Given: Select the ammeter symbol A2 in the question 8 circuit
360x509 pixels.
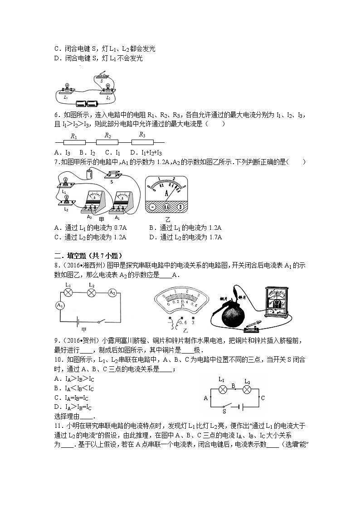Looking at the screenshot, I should [112, 293].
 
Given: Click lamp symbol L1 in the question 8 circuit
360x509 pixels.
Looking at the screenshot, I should [68, 293].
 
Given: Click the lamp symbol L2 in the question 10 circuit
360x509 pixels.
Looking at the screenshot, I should [248, 389].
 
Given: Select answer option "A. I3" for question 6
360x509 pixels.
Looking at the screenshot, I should [62, 153].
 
